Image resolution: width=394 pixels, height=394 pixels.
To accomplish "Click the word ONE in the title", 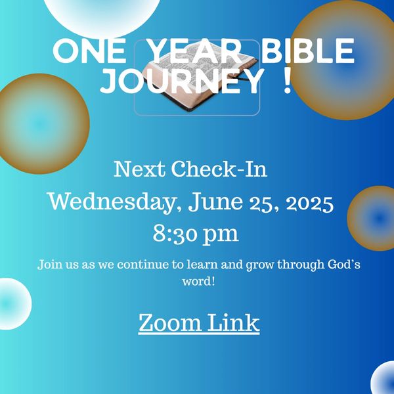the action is pos(89,51).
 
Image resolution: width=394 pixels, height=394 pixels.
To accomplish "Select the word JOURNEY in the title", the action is pos(182,81).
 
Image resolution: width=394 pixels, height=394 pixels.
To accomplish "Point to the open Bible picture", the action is pos(197,77).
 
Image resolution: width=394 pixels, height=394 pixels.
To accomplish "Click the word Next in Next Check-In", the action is pos(139,169).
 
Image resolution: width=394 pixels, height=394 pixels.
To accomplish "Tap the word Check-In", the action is pos(219,169).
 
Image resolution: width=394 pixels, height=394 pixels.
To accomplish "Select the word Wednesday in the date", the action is pos(112,202).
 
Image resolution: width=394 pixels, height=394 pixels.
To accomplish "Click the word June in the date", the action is pos(215,202).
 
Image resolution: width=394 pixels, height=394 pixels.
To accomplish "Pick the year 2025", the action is pos(310,204).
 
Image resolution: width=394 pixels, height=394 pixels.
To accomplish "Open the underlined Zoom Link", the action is pos(199,322).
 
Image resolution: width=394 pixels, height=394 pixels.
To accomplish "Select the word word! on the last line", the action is pos(198,281).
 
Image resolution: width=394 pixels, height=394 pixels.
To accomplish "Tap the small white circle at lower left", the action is pos(12,303).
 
